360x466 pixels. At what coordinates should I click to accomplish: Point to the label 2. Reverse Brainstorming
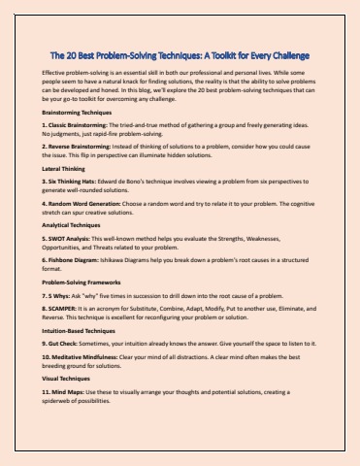(82, 154)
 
